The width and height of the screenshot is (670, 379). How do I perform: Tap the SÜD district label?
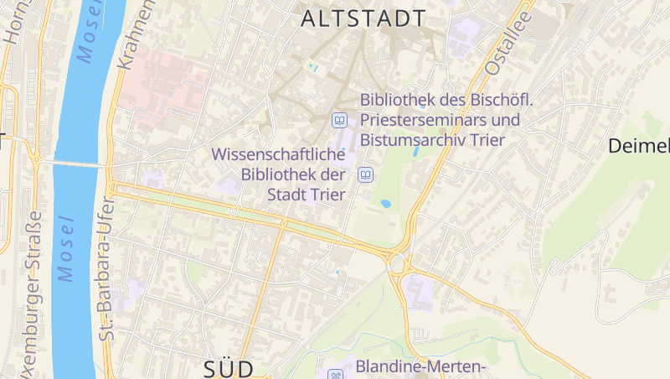click(x=229, y=369)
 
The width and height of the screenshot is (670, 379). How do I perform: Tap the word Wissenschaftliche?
click(x=279, y=155)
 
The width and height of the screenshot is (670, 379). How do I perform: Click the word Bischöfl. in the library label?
click(x=494, y=100)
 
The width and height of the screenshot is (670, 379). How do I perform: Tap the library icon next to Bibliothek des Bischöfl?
click(x=340, y=120)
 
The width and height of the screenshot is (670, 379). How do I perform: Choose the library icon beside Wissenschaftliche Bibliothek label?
click(x=365, y=175)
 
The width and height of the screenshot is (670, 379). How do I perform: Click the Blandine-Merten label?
click(x=421, y=366)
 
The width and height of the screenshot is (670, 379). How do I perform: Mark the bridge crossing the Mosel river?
click(x=71, y=163)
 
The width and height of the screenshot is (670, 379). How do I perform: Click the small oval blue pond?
click(x=385, y=203)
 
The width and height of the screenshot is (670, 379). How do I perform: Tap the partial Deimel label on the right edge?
click(x=639, y=147)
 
